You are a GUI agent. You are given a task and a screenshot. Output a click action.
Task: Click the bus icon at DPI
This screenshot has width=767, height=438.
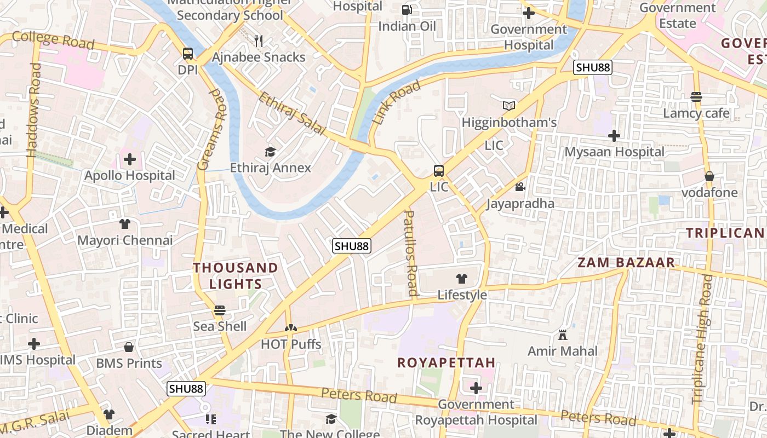pyautogui.click(x=188, y=54)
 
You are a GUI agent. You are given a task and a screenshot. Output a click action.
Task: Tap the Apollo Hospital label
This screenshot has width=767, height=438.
pyautogui.click(x=130, y=176)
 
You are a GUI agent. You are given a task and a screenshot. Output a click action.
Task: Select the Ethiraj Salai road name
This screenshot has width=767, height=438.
pyautogui.click(x=291, y=114)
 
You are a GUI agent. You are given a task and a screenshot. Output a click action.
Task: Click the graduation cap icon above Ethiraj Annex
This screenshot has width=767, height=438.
pyautogui.click(x=271, y=152)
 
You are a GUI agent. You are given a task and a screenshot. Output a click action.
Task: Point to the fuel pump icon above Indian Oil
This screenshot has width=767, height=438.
pyautogui.click(x=407, y=10)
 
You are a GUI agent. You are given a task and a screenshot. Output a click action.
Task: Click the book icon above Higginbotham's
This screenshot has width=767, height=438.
pyautogui.click(x=509, y=106)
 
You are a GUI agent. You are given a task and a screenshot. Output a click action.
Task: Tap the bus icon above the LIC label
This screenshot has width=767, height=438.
pyautogui.click(x=439, y=170)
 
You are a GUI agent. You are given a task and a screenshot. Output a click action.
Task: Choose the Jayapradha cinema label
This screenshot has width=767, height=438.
pyautogui.click(x=520, y=204)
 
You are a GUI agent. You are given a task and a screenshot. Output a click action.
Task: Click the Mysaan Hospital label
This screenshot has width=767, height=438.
pyautogui.click(x=614, y=152)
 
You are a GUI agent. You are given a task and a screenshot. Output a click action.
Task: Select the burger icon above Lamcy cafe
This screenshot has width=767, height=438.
pyautogui.click(x=696, y=97)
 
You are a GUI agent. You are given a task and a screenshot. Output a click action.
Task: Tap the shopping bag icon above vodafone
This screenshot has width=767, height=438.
pyautogui.click(x=709, y=176)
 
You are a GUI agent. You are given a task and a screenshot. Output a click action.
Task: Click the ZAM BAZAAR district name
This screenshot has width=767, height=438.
pyautogui.click(x=626, y=262)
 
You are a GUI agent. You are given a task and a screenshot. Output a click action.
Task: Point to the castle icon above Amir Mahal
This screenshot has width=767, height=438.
pyautogui.click(x=563, y=335)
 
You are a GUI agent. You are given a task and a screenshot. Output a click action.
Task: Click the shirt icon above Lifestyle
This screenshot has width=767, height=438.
pyautogui.click(x=462, y=279)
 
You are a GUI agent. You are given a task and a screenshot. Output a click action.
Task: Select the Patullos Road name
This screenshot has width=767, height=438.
pyautogui.click(x=411, y=253)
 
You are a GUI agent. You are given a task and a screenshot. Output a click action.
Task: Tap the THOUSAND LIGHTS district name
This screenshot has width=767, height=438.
pyautogui.click(x=236, y=276)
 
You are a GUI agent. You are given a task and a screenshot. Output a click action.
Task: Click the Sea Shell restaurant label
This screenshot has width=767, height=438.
pyautogui.click(x=220, y=326)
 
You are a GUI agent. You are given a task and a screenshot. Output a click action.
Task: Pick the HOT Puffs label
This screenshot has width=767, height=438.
pyautogui.click(x=291, y=344)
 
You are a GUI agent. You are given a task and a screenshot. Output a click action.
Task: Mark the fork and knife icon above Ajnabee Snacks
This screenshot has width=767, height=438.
pyautogui.click(x=259, y=41)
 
